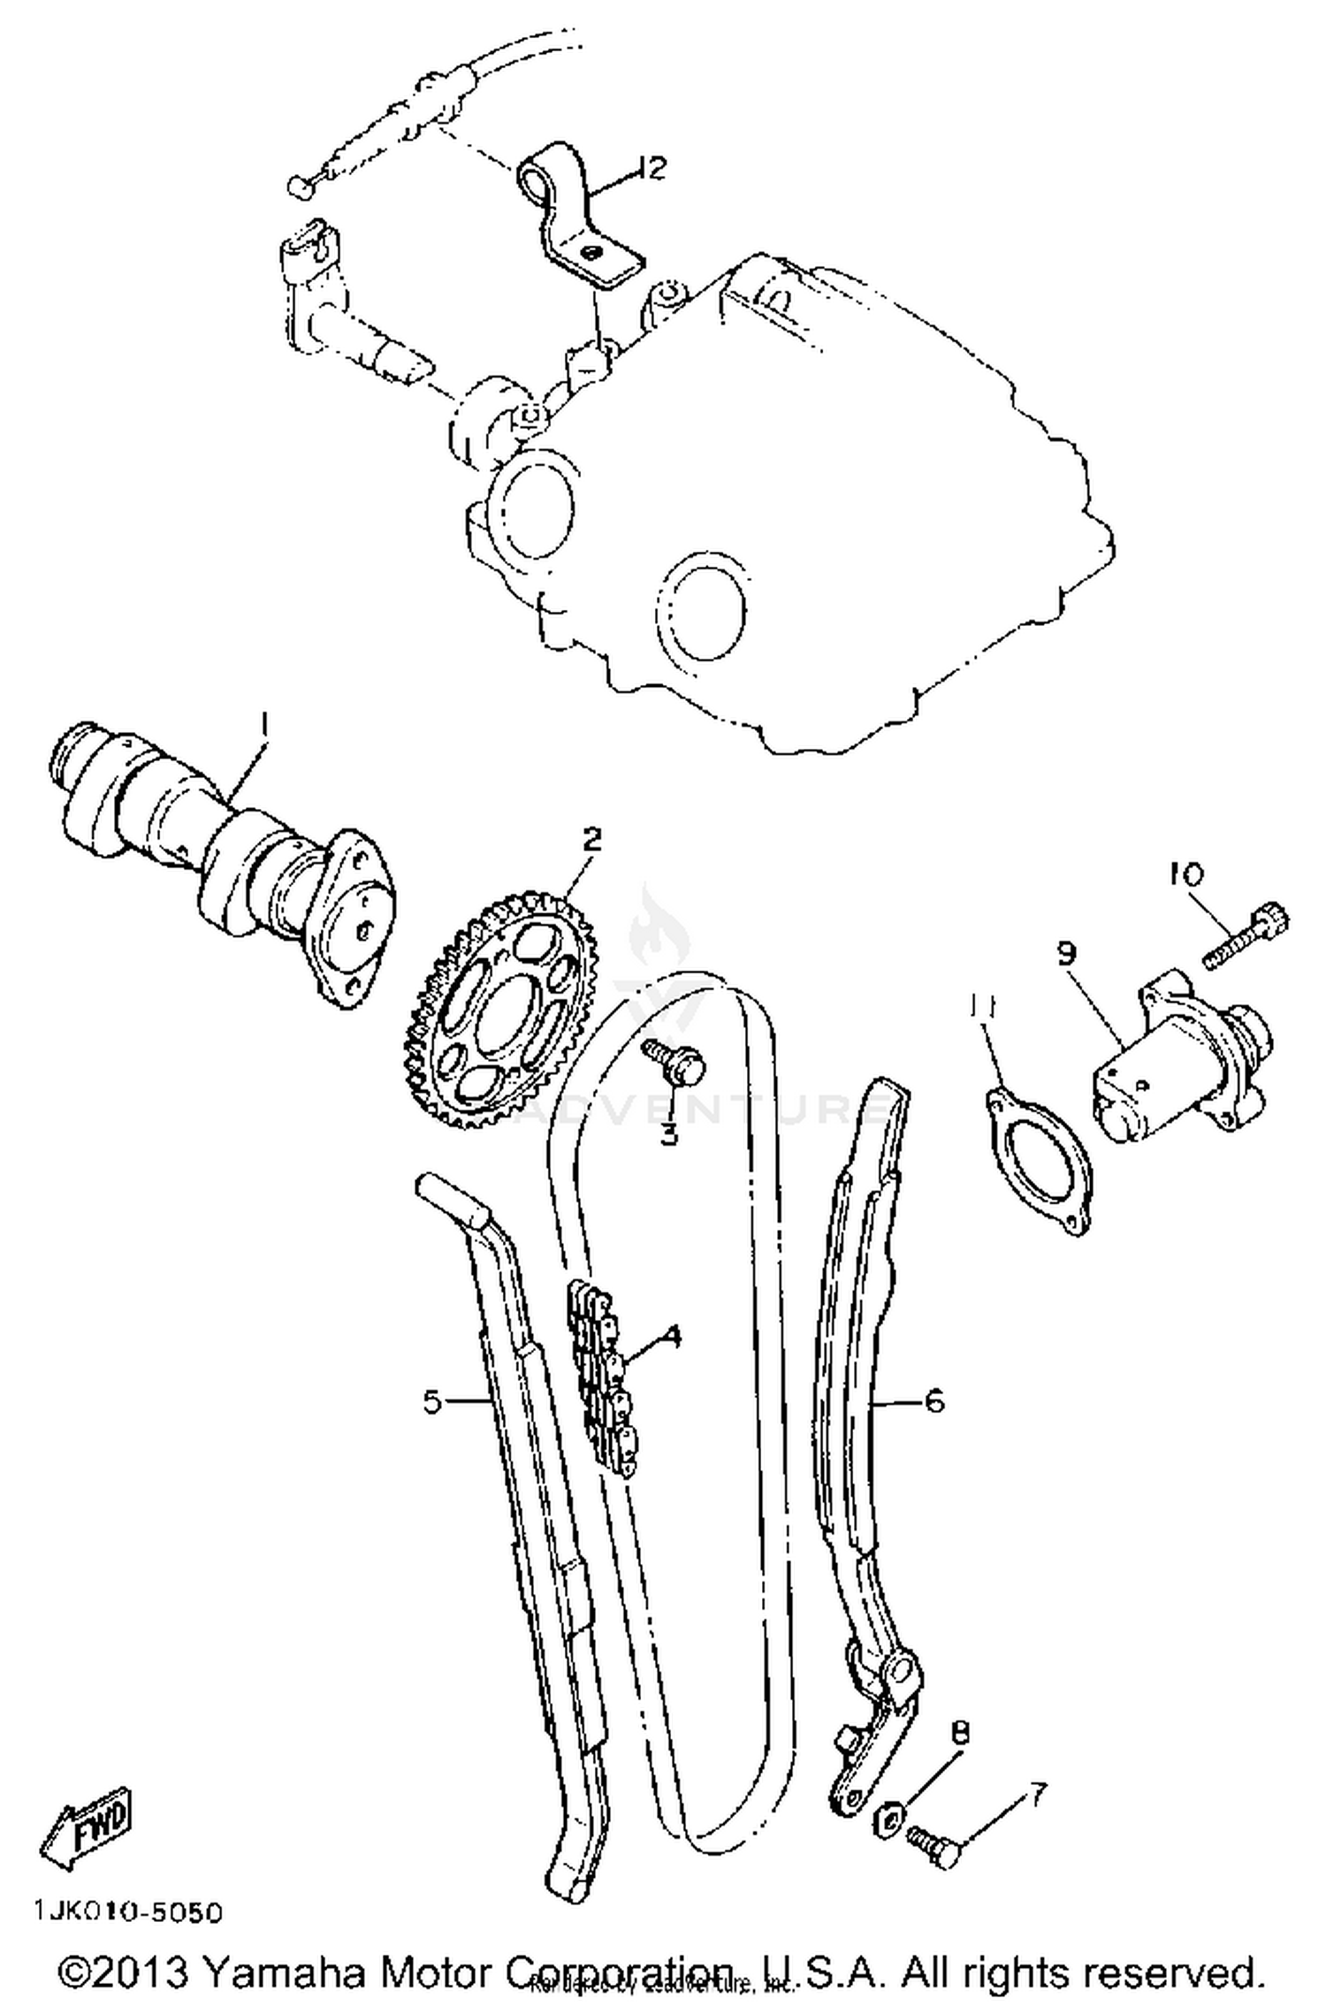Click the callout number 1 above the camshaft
click(x=263, y=729)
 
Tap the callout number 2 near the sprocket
click(x=591, y=838)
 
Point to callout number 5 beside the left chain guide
click(x=432, y=1401)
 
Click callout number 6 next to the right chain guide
click(x=934, y=1401)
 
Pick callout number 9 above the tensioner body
click(x=1066, y=954)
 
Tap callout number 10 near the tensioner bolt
click(x=1185, y=875)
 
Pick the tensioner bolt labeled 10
click(x=1246, y=935)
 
